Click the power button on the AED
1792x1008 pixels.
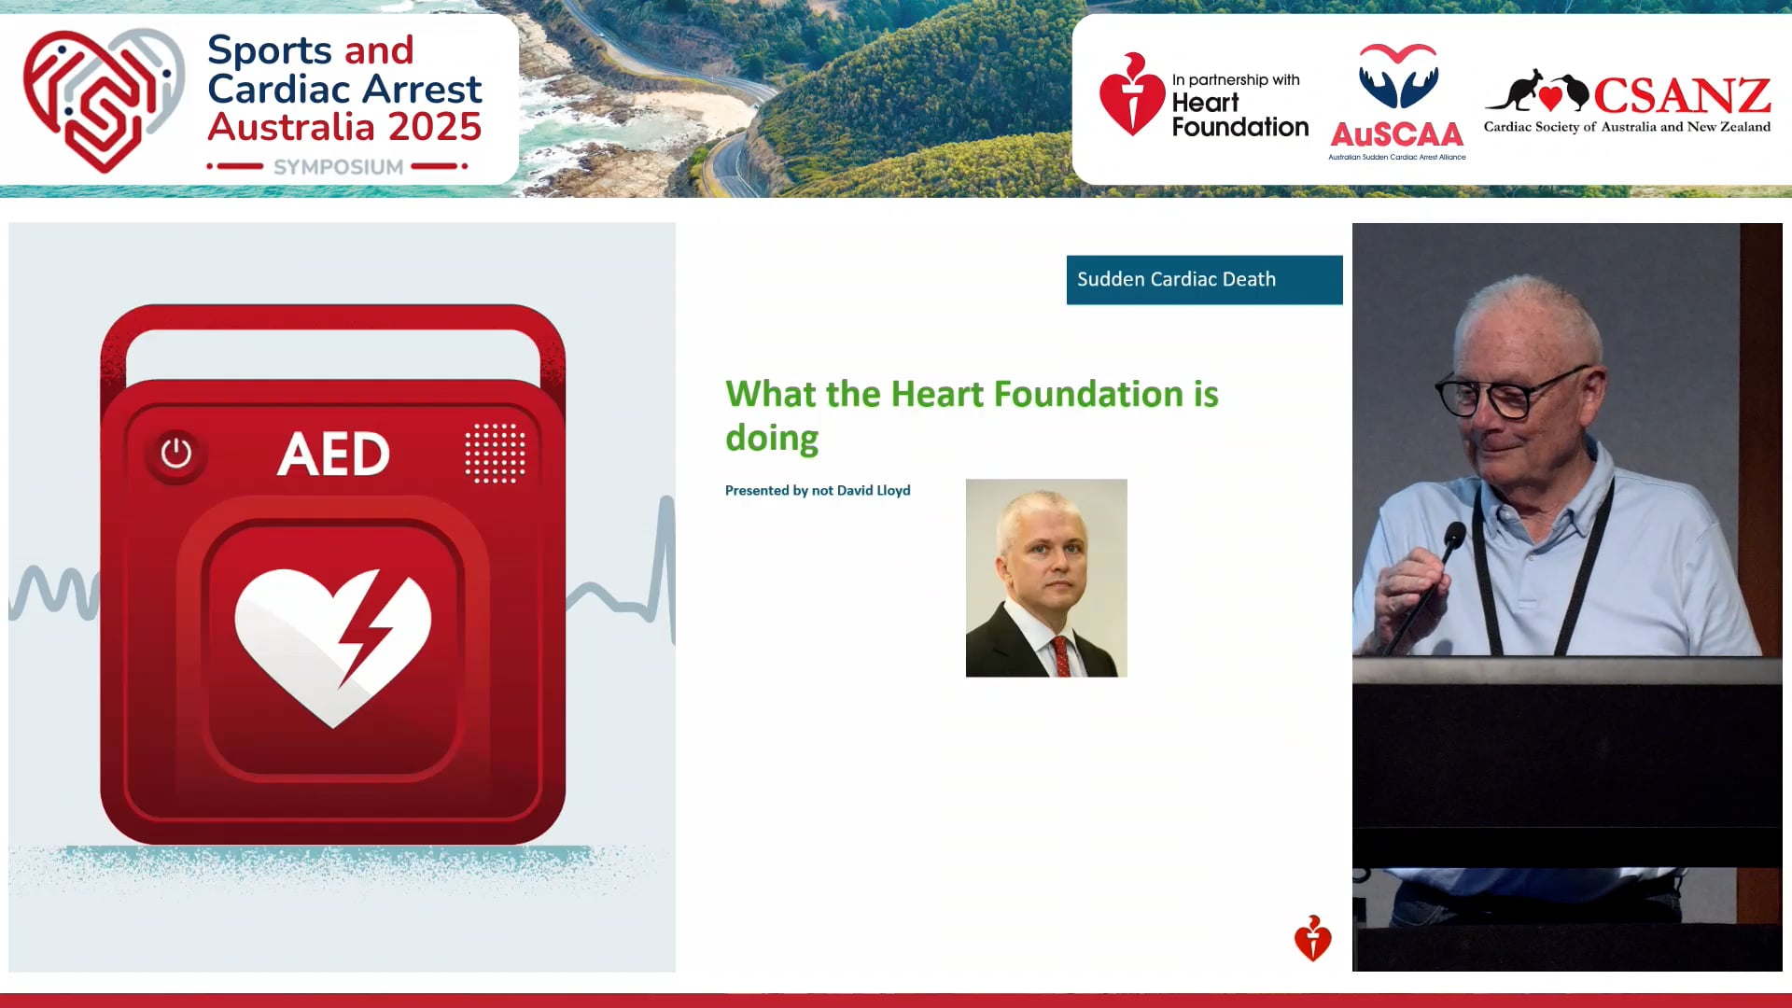[x=175, y=454]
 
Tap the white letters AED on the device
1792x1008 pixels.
[x=333, y=455]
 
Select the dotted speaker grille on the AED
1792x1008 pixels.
[x=495, y=453]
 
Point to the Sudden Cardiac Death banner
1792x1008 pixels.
[x=1204, y=279]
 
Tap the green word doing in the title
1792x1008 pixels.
[x=772, y=438]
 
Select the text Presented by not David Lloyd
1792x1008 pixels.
[x=818, y=490]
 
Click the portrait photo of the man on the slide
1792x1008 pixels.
[x=1045, y=577]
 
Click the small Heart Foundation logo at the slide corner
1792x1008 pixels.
[x=1312, y=938]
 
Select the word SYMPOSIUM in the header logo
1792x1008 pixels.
[x=338, y=167]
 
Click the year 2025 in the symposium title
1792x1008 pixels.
[x=435, y=127]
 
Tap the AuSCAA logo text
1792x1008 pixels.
[x=1396, y=135]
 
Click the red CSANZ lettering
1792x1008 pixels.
[x=1681, y=95]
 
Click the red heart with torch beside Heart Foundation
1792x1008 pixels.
[x=1131, y=95]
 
